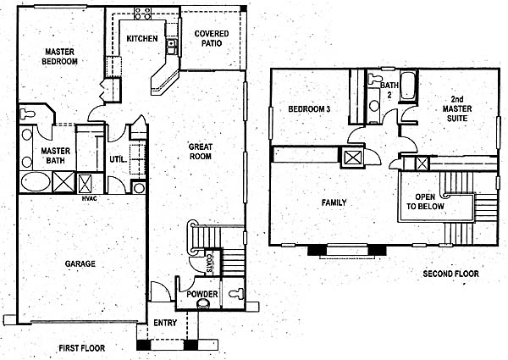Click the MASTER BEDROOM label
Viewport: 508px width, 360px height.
pyautogui.click(x=59, y=57)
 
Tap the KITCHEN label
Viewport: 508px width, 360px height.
pyautogui.click(x=142, y=39)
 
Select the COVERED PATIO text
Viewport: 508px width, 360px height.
pyautogui.click(x=212, y=38)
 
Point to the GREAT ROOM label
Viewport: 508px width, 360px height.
pyautogui.click(x=200, y=152)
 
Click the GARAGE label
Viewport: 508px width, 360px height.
pyautogui.click(x=80, y=263)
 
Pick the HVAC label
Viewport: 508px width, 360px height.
pyautogui.click(x=89, y=198)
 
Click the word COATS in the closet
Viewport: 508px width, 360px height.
pyautogui.click(x=209, y=262)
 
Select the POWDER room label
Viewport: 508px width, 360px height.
pyautogui.click(x=202, y=294)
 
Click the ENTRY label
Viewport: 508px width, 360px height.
pyautogui.click(x=165, y=323)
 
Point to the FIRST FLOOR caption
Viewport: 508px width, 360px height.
pyautogui.click(x=81, y=348)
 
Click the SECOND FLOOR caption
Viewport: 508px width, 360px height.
pyautogui.click(x=450, y=274)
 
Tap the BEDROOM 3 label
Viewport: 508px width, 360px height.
pyautogui.click(x=309, y=109)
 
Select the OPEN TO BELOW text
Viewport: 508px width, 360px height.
pyautogui.click(x=425, y=202)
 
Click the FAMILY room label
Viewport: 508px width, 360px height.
pyautogui.click(x=334, y=202)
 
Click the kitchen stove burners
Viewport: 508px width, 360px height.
pyautogui.click(x=143, y=14)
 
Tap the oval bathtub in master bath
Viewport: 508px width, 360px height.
pyautogui.click(x=36, y=182)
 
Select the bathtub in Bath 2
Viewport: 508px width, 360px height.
pyautogui.click(x=407, y=86)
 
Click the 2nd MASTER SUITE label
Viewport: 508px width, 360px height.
pyautogui.click(x=457, y=109)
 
